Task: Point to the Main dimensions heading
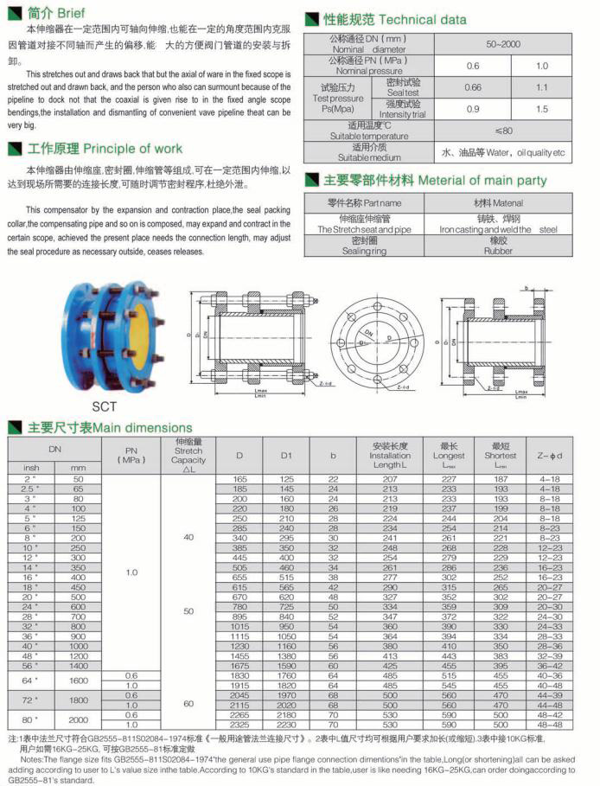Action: (109, 427)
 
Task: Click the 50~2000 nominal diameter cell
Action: (504, 42)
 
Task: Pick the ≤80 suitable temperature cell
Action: (504, 131)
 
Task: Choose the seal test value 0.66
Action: (473, 86)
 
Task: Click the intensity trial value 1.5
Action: (541, 109)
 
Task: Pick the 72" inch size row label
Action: (30, 699)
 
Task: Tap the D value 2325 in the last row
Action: (239, 724)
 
